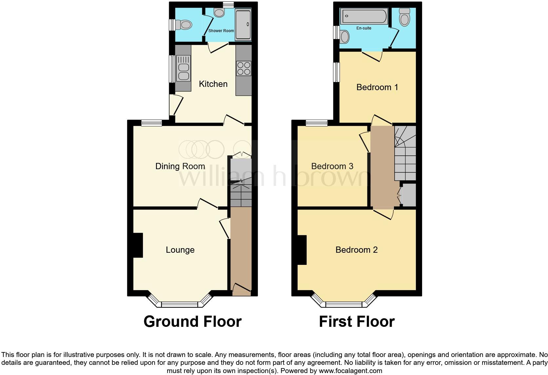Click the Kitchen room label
pos(213,84)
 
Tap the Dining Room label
pos(180,166)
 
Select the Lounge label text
pos(180,250)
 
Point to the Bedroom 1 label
pos(377,87)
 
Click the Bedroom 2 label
pos(356,250)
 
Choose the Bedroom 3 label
pos(332,166)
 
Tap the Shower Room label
pos(221,31)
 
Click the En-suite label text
pos(364,28)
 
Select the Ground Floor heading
pos(192,322)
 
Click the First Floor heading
pos(357,322)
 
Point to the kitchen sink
pos(183,69)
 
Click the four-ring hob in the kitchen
pos(244,69)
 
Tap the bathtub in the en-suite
pos(364,16)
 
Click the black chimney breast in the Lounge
pos(138,245)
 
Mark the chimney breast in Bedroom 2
pos(302,250)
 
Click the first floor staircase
pos(405,153)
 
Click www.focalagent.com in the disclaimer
pos(350,371)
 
